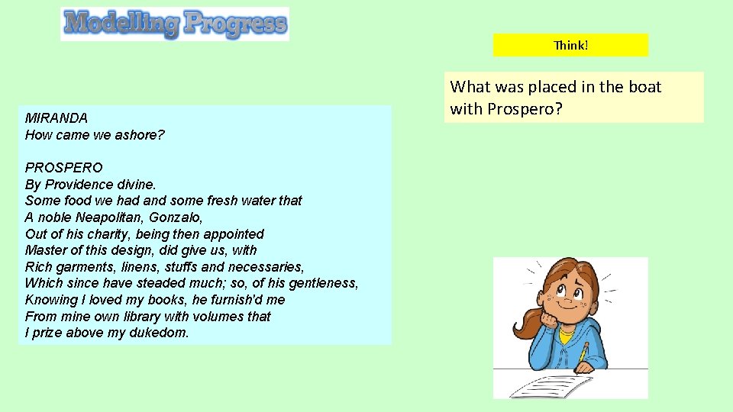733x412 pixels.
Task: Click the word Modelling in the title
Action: click(121, 23)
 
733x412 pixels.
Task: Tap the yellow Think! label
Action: click(570, 45)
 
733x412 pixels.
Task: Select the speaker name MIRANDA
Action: click(57, 118)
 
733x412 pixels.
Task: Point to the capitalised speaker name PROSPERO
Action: click(63, 167)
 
